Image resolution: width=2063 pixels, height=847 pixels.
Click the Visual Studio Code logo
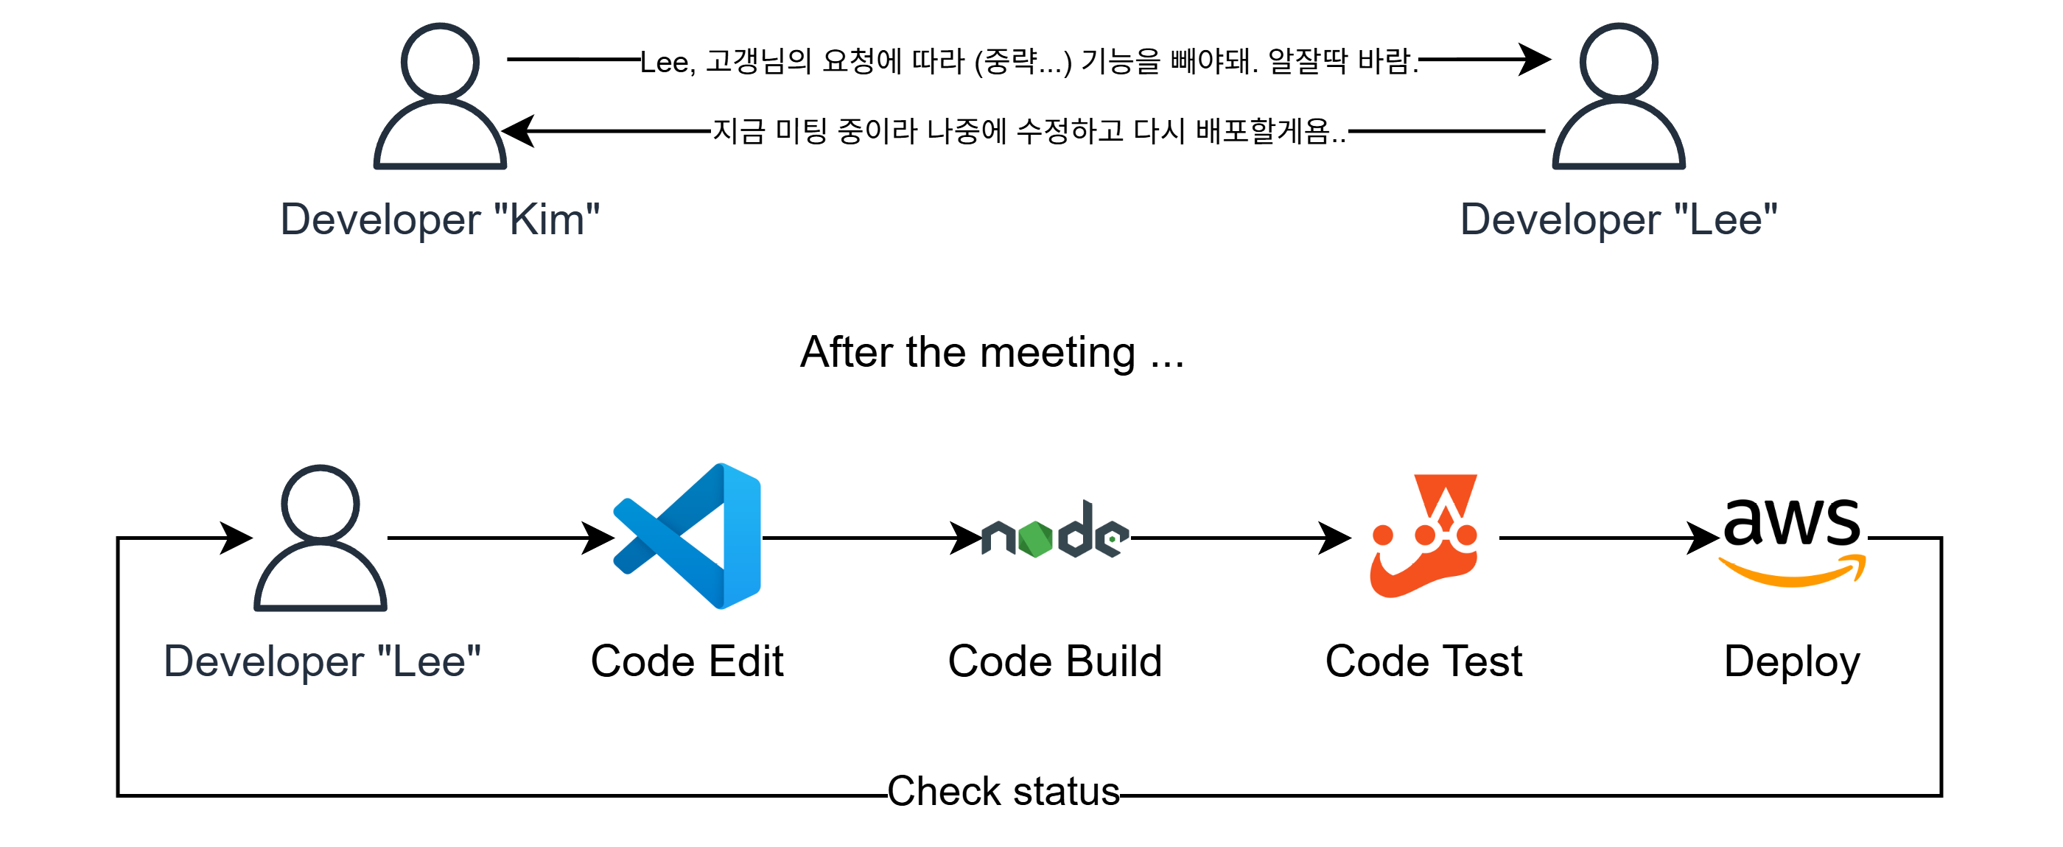(x=687, y=536)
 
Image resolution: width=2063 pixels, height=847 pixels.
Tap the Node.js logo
(x=1056, y=533)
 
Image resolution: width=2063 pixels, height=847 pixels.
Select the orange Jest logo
(x=1424, y=536)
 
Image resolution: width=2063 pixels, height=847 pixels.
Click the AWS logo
(x=1793, y=538)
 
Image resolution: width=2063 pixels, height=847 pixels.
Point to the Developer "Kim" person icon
(x=440, y=96)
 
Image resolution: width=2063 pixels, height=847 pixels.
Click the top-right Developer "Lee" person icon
(x=1619, y=96)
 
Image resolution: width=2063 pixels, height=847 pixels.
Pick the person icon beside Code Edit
(x=321, y=538)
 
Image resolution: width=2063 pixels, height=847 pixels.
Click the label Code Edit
(x=687, y=661)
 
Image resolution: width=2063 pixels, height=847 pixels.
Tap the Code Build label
(x=1055, y=661)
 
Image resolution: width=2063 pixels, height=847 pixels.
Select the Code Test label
(x=1424, y=661)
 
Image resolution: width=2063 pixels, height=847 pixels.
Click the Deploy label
(x=1793, y=661)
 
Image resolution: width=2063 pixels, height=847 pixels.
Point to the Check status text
(x=1004, y=791)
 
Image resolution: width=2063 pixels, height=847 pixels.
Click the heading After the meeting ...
(x=992, y=352)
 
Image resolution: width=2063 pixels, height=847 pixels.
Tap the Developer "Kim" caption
(x=440, y=219)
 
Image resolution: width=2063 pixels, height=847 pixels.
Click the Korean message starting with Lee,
(x=1029, y=61)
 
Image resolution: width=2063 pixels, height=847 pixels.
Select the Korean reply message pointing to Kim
(x=1029, y=130)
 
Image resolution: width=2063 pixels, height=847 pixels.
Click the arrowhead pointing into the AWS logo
(x=1703, y=538)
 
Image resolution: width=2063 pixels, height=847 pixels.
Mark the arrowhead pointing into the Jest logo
(x=1334, y=538)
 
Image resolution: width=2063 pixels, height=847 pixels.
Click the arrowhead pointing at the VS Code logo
(x=598, y=538)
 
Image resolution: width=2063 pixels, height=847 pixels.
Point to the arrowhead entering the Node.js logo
(x=965, y=538)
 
